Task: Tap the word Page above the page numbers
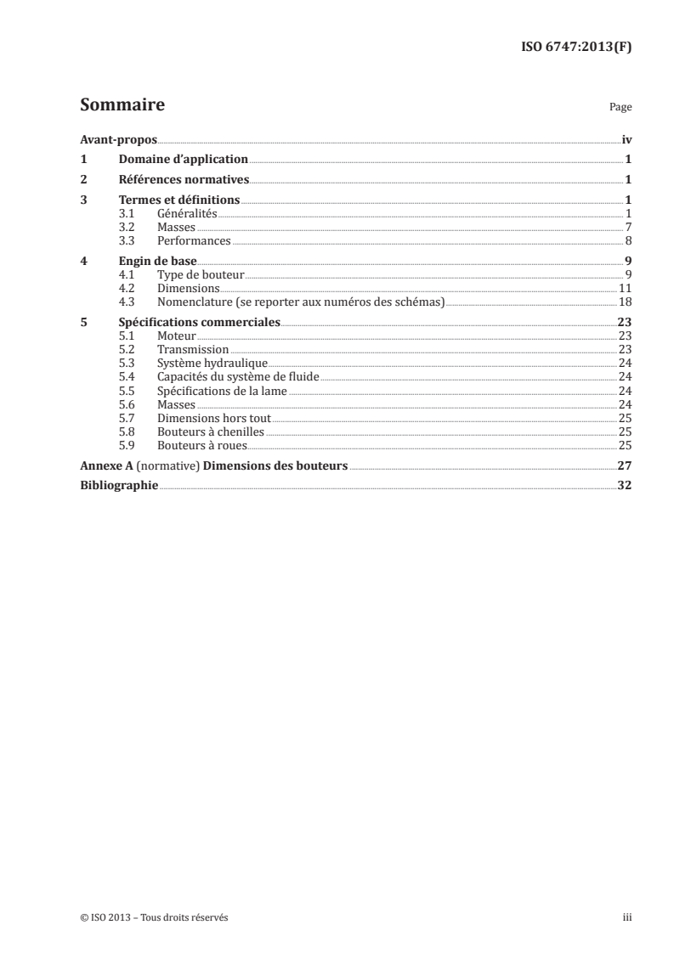(x=620, y=109)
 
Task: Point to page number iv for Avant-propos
(x=626, y=139)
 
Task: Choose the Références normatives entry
(x=183, y=180)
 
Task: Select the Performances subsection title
(x=194, y=240)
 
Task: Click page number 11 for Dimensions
(x=624, y=288)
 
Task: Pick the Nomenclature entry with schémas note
(x=301, y=302)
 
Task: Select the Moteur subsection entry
(x=177, y=336)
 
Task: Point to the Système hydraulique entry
(x=201, y=363)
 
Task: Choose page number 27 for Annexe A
(x=624, y=465)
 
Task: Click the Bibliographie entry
(x=119, y=486)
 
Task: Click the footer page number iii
(x=627, y=918)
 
